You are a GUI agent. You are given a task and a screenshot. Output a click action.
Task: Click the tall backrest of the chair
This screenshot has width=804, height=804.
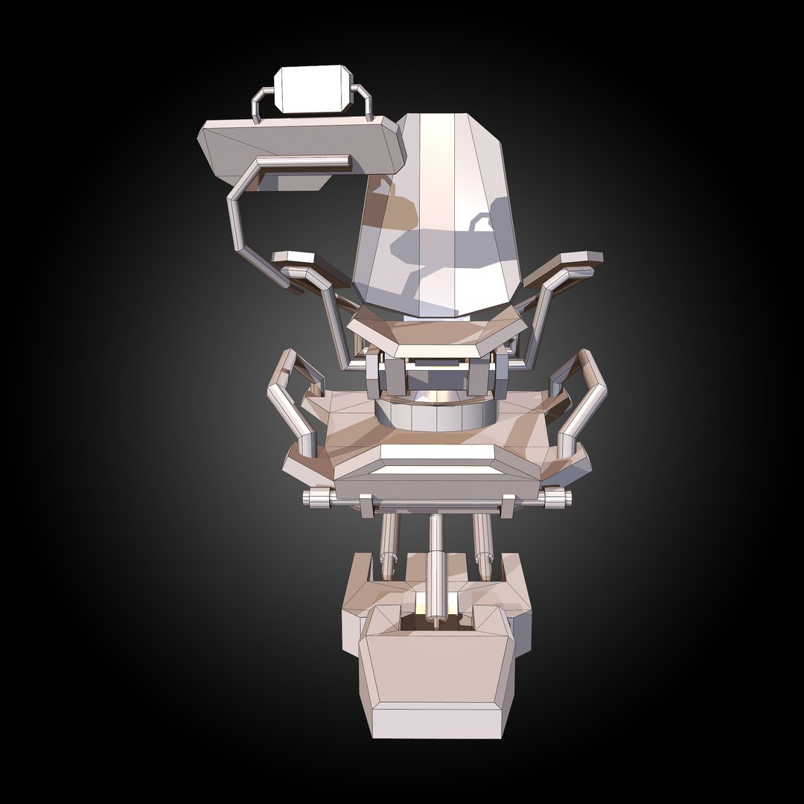pos(439,216)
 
